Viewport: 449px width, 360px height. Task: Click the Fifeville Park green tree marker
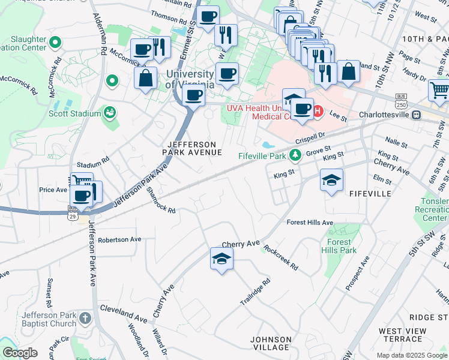point(295,156)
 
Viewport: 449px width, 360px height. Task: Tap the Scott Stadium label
point(75,113)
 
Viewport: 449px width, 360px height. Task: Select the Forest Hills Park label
point(339,246)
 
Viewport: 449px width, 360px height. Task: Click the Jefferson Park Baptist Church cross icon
point(85,317)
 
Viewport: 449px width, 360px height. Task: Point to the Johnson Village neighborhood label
point(271,343)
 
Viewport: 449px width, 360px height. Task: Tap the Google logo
point(20,352)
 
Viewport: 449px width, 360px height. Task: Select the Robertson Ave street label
point(119,239)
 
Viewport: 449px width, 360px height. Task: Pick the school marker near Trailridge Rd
point(221,259)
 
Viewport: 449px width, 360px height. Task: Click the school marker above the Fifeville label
point(331,179)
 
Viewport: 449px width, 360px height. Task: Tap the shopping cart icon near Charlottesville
point(439,90)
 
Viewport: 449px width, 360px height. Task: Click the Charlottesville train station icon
point(416,115)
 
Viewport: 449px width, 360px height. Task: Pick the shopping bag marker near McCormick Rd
point(146,77)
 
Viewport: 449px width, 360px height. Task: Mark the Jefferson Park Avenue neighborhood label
point(191,148)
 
